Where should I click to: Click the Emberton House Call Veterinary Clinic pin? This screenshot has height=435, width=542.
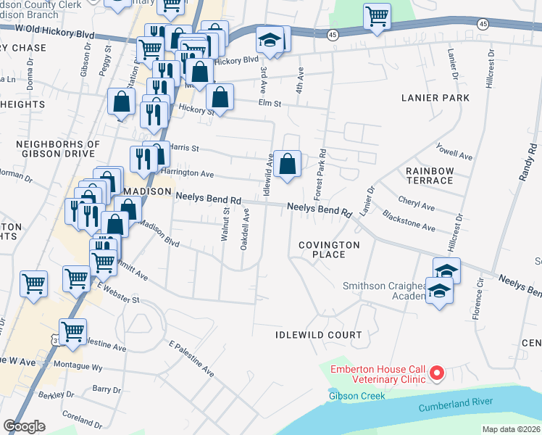click(437, 374)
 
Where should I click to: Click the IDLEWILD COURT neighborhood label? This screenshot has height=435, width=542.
click(318, 335)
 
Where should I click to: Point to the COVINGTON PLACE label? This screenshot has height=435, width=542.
click(330, 250)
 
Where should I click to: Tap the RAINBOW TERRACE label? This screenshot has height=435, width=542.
click(430, 175)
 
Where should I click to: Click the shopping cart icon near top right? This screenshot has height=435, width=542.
click(376, 16)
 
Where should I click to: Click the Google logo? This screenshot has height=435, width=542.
click(24, 426)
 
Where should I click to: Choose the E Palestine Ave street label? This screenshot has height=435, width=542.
click(191, 358)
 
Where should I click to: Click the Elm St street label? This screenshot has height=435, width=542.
click(269, 104)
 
